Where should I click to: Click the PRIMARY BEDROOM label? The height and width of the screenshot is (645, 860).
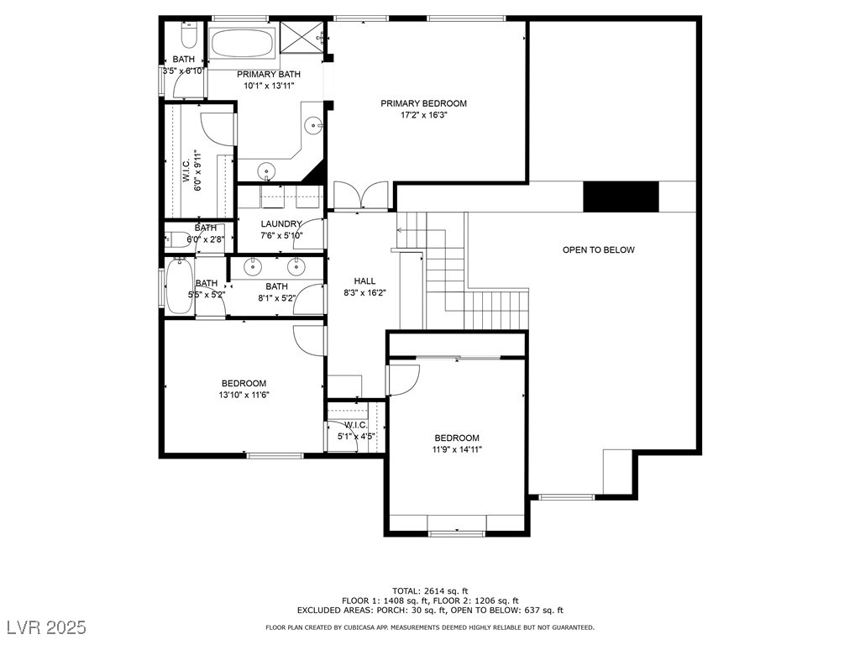(x=423, y=103)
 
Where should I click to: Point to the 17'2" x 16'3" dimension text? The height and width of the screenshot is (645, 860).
(x=423, y=116)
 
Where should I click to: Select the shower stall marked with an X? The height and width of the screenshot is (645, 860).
(x=302, y=37)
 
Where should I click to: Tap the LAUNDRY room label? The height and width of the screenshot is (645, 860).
(x=281, y=223)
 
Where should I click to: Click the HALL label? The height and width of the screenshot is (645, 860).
(x=364, y=281)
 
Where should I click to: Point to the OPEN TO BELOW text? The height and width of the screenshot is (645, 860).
(x=598, y=249)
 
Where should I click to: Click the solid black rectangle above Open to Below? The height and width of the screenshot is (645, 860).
(x=621, y=197)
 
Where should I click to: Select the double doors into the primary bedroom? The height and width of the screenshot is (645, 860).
(x=361, y=197)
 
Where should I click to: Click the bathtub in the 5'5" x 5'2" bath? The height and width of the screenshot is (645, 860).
(x=178, y=286)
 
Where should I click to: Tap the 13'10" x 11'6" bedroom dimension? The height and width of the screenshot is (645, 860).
(x=244, y=395)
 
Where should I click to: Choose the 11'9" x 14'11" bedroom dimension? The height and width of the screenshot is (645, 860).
(x=457, y=449)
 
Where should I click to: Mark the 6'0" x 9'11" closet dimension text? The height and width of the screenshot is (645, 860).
(x=198, y=171)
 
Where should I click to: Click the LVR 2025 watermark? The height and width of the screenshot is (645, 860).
(x=50, y=627)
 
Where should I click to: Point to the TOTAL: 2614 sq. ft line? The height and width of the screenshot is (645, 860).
(x=430, y=590)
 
